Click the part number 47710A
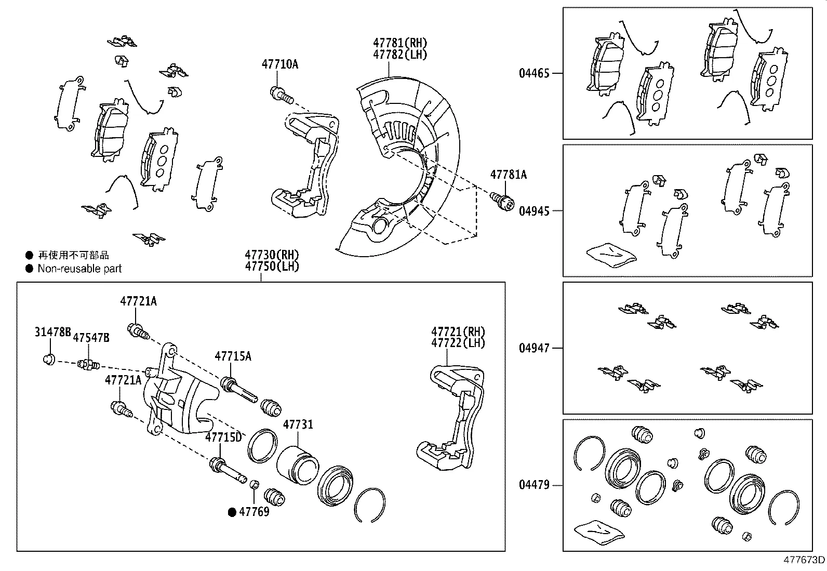(x=279, y=64)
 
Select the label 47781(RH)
(x=400, y=43)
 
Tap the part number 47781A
(x=508, y=175)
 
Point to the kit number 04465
(x=534, y=73)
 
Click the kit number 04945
(x=534, y=211)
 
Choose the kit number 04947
(x=534, y=348)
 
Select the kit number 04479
(x=534, y=486)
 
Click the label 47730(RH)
(x=272, y=255)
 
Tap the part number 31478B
(x=52, y=332)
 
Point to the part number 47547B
(x=91, y=338)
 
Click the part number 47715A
(x=233, y=356)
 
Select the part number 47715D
(x=223, y=437)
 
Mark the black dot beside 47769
(x=233, y=512)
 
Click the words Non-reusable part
(x=79, y=269)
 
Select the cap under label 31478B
(x=49, y=359)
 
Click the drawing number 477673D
(x=804, y=560)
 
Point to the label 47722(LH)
(x=458, y=343)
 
